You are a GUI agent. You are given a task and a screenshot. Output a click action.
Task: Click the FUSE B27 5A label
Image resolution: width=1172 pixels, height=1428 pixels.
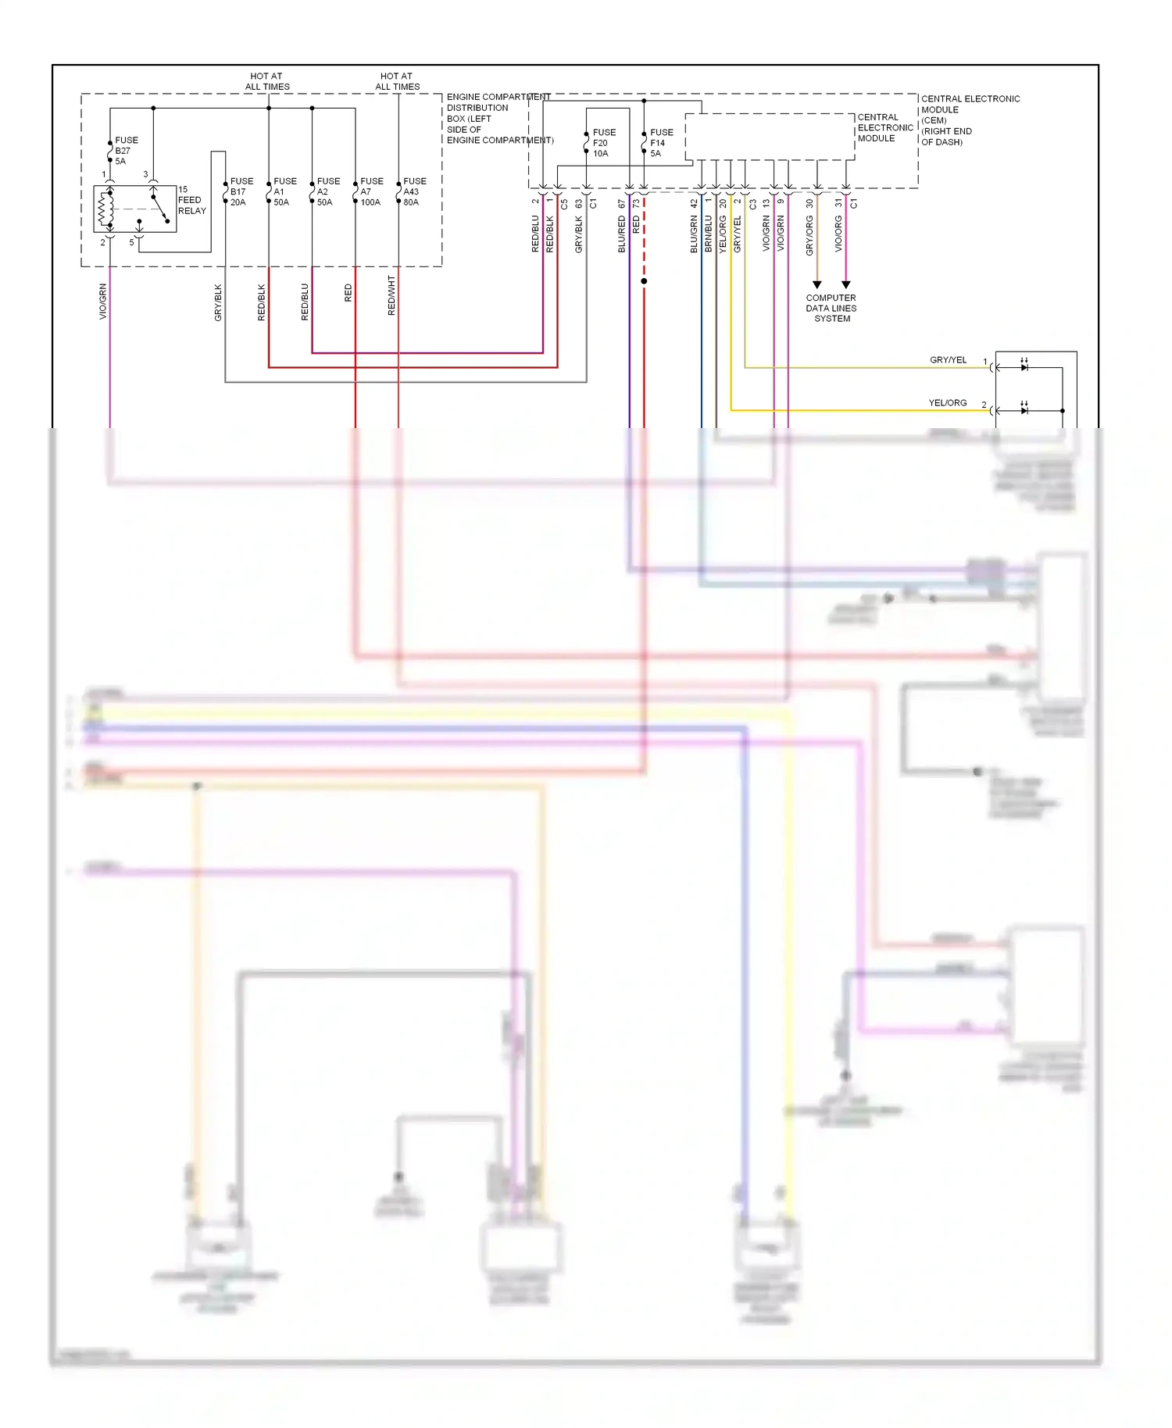click(x=125, y=151)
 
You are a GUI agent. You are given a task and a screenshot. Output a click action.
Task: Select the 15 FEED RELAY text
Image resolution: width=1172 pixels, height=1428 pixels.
click(x=191, y=200)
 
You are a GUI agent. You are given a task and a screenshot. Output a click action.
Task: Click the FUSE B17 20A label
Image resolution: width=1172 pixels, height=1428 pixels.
click(x=241, y=191)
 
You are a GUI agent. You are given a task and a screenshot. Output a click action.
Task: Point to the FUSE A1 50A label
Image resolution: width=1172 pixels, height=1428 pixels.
click(x=284, y=191)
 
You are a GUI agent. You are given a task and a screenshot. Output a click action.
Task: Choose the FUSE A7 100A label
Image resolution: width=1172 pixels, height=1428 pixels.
click(x=371, y=191)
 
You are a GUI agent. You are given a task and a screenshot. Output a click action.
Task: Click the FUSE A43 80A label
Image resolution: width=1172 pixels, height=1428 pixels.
click(x=414, y=191)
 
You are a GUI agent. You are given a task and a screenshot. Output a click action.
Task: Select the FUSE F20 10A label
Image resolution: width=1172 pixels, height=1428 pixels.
click(x=603, y=143)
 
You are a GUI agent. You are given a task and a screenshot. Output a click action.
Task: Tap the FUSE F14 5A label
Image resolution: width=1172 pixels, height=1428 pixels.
click(x=660, y=143)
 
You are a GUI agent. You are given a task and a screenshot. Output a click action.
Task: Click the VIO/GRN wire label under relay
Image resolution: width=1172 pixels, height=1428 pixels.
click(x=102, y=302)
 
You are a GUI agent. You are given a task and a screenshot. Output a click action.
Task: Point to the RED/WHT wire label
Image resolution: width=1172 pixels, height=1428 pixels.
click(x=391, y=295)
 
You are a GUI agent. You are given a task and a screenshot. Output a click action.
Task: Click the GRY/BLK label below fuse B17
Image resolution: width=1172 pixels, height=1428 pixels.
click(x=218, y=302)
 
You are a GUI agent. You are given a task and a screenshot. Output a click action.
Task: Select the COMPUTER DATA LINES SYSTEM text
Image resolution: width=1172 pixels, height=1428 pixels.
click(x=831, y=309)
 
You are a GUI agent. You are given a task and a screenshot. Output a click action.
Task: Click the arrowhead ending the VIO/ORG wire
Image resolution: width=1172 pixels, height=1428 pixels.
click(x=845, y=285)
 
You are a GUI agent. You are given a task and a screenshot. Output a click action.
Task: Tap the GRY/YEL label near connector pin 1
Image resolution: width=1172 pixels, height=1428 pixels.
click(x=948, y=360)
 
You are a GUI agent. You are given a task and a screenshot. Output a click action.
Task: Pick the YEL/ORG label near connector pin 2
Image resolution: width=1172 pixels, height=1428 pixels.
click(x=947, y=403)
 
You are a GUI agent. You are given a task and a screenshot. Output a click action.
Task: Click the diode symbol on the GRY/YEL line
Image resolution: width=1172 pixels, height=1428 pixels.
click(x=1024, y=367)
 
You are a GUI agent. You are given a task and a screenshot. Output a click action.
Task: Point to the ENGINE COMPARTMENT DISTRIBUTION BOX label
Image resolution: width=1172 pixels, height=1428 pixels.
click(x=498, y=119)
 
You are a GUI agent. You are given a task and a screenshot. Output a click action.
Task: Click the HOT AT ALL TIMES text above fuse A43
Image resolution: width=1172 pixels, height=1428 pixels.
click(x=397, y=81)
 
